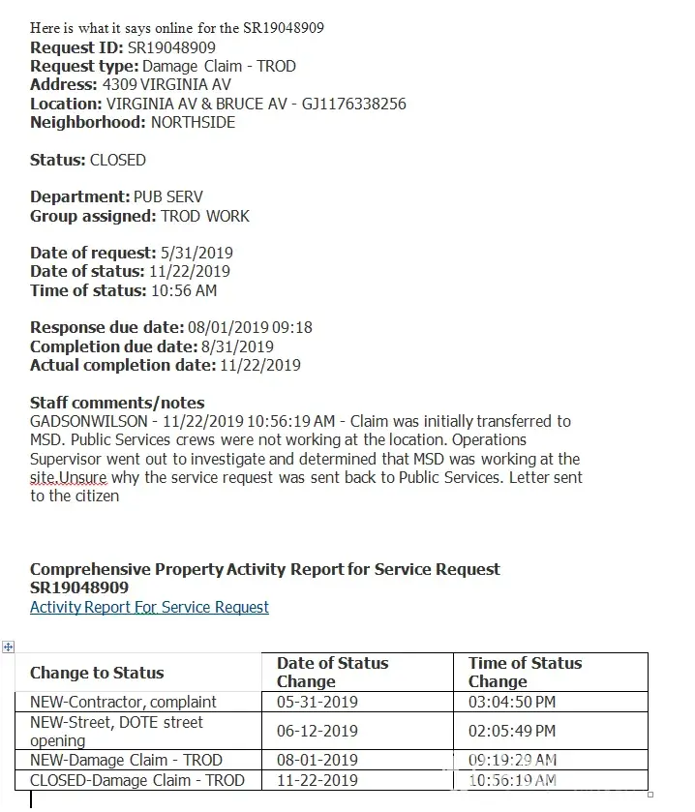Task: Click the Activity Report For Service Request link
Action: pyautogui.click(x=149, y=608)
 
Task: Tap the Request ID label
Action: pyautogui.click(x=76, y=47)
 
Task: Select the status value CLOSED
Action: pyautogui.click(x=117, y=160)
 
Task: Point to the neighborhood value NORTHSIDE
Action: pyautogui.click(x=193, y=123)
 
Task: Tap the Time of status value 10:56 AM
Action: pyautogui.click(x=184, y=290)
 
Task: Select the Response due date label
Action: pyautogui.click(x=106, y=328)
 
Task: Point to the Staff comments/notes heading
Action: pyautogui.click(x=117, y=403)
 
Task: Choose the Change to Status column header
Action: pyautogui.click(x=97, y=673)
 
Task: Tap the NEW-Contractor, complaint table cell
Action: pyautogui.click(x=123, y=702)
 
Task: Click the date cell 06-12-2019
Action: pyautogui.click(x=317, y=731)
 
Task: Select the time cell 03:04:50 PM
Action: pyautogui.click(x=512, y=702)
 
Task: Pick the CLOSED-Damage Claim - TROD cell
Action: pyautogui.click(x=137, y=780)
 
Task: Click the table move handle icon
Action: pyautogui.click(x=9, y=647)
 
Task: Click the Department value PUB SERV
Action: pyautogui.click(x=168, y=197)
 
